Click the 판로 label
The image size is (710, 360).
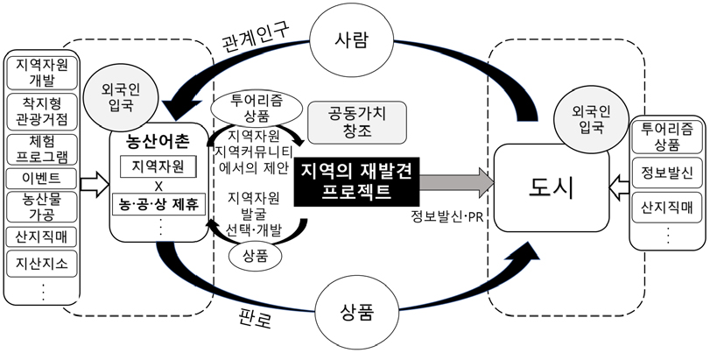pos(257,317)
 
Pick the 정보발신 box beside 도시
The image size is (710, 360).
pos(667,172)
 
